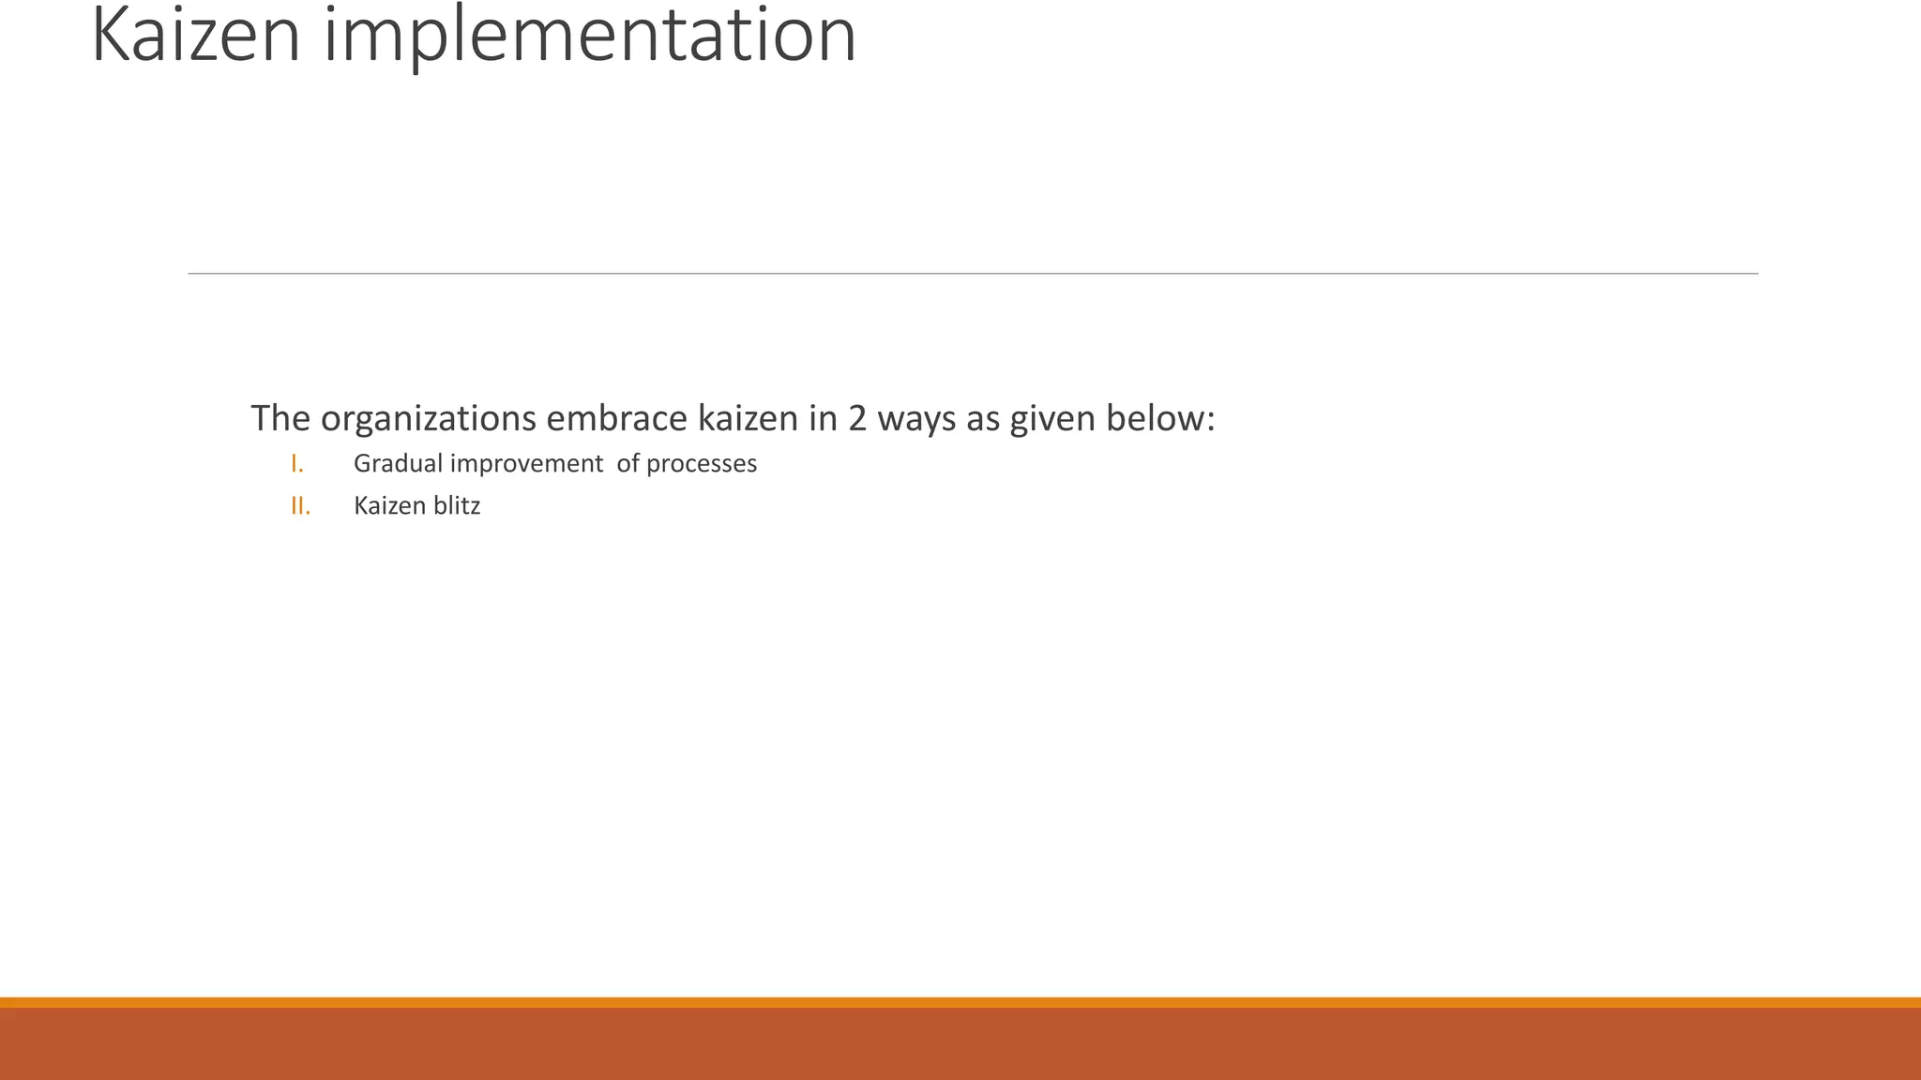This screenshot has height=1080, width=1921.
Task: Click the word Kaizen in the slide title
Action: tap(196, 36)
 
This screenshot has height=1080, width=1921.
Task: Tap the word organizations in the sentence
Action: tap(428, 418)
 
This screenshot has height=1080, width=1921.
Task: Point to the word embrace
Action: tap(617, 418)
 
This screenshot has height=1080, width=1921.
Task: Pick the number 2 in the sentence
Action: tap(857, 418)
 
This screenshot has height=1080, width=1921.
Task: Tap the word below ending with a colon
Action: tap(1159, 418)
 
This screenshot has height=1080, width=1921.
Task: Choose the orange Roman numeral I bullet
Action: tap(297, 464)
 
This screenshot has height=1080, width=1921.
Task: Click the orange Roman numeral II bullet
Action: tap(300, 506)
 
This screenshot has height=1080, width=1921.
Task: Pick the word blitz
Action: tap(457, 506)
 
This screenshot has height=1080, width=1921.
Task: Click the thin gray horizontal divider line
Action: tap(973, 274)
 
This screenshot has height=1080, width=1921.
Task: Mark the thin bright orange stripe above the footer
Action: tap(960, 1002)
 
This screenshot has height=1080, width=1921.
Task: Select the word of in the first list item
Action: tap(628, 464)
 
